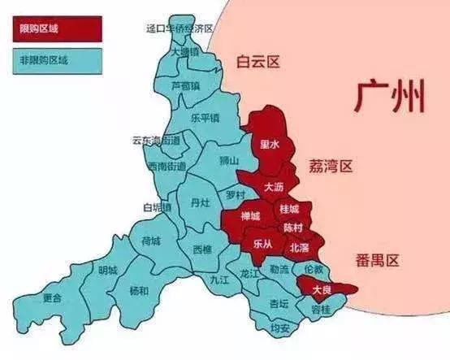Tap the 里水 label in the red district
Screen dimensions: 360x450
coord(269,145)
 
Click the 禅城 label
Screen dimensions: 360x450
coord(250,216)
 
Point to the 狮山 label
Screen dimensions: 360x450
coord(230,161)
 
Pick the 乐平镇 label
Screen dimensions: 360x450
coord(205,117)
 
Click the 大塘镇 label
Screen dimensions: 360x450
coord(187,50)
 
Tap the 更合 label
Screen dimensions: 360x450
coord(53,297)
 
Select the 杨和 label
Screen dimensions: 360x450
coord(139,290)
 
